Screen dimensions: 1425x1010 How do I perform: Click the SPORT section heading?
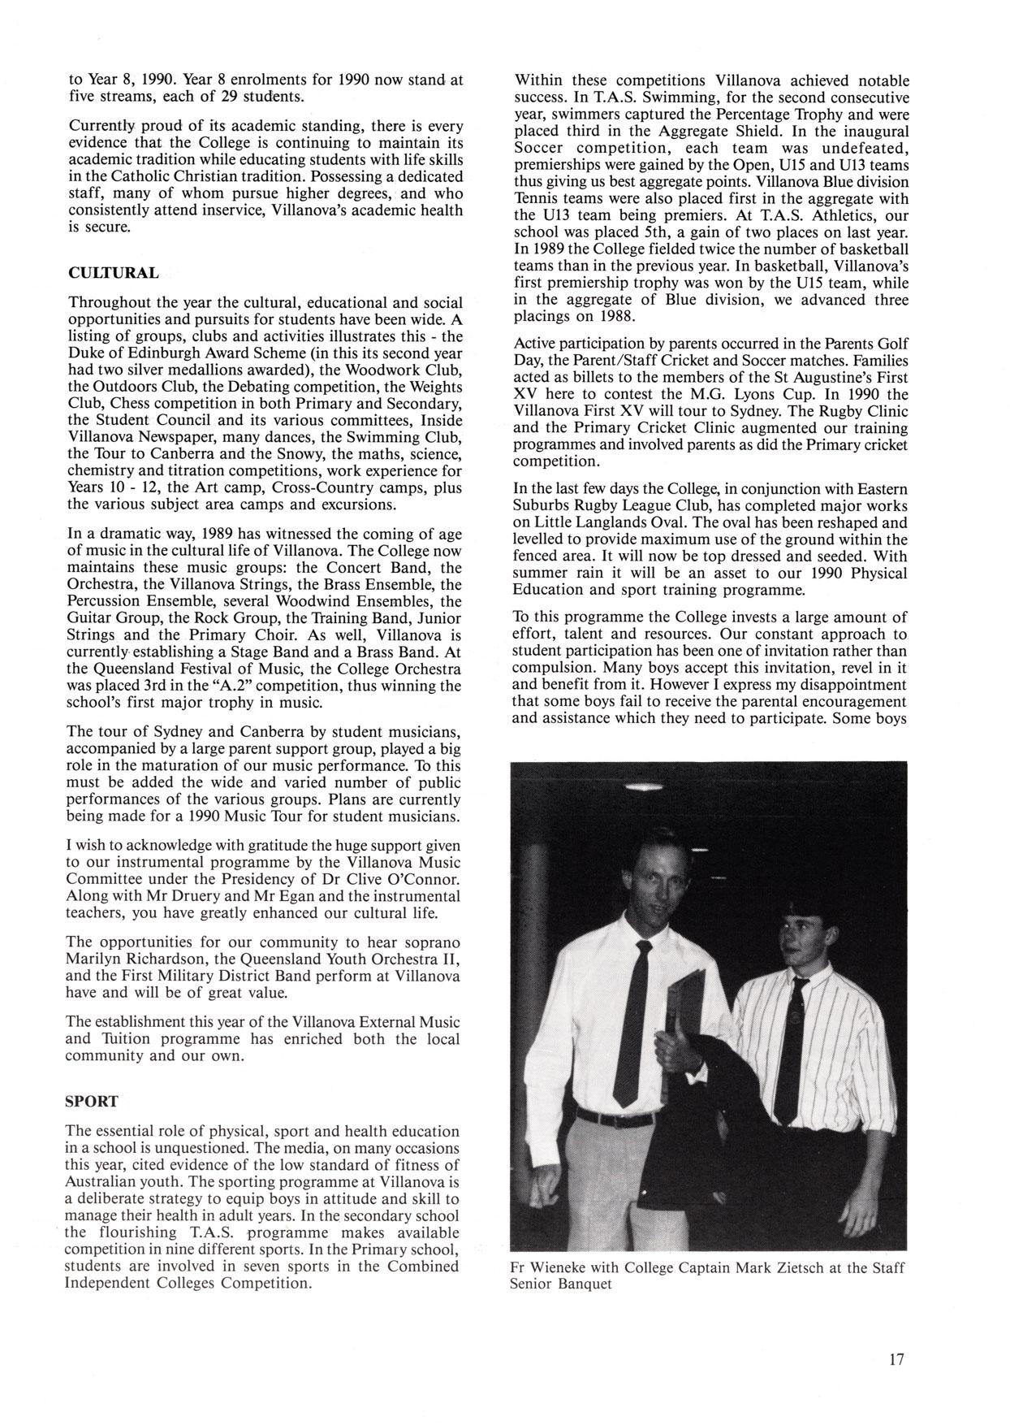tap(92, 1102)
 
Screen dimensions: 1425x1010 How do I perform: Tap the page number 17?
tap(896, 1359)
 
